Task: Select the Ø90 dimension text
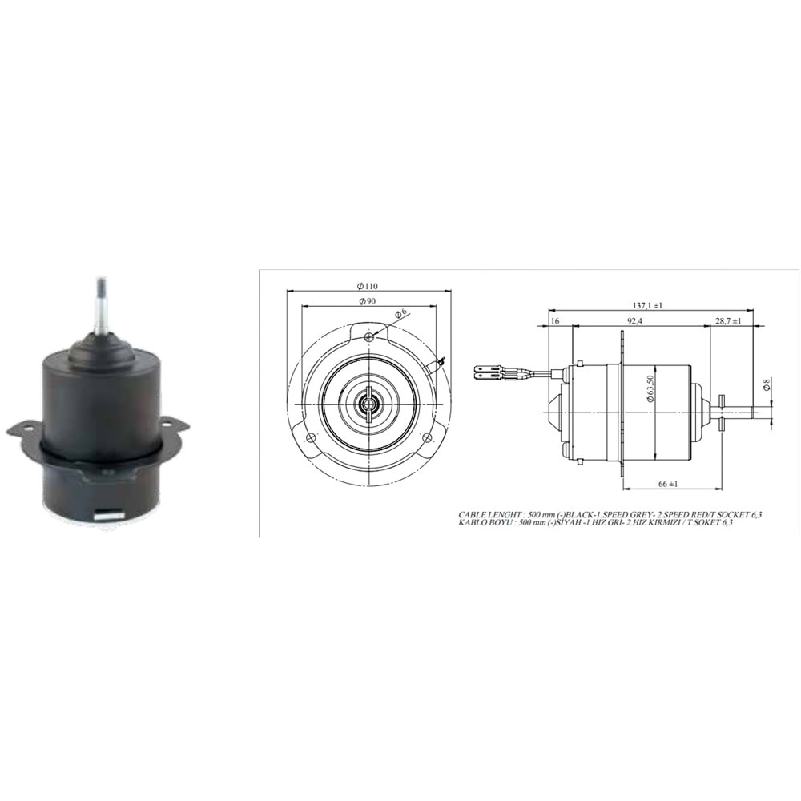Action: [367, 301]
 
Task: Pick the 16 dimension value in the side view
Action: [554, 321]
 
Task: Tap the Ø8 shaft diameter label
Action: [767, 387]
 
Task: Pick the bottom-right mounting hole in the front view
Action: [426, 437]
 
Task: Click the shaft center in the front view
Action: [368, 403]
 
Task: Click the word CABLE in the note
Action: [473, 514]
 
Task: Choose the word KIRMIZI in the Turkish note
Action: [681, 523]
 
